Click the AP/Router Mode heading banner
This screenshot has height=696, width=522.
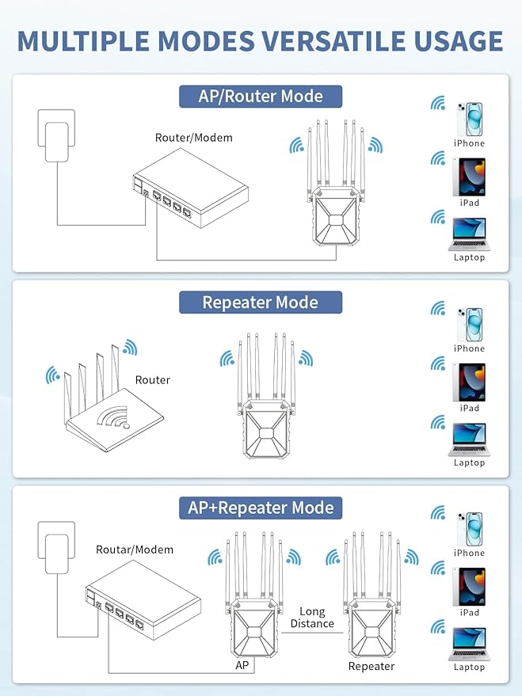[260, 97]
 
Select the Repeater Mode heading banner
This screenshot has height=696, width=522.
[260, 302]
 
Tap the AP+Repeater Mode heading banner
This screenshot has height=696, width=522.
[260, 508]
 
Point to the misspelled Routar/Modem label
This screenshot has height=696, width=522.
[135, 550]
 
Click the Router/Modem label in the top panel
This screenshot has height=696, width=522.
[194, 138]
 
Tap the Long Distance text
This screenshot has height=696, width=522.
[312, 618]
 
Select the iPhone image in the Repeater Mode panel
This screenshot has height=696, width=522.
[469, 322]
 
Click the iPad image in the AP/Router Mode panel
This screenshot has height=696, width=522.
[469, 177]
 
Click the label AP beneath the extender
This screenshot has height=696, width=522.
[242, 666]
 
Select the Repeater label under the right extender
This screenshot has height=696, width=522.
[371, 666]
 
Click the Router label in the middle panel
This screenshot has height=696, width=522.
[152, 380]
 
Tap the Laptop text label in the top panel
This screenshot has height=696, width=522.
[469, 257]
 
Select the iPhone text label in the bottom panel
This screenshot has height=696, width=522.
[469, 553]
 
